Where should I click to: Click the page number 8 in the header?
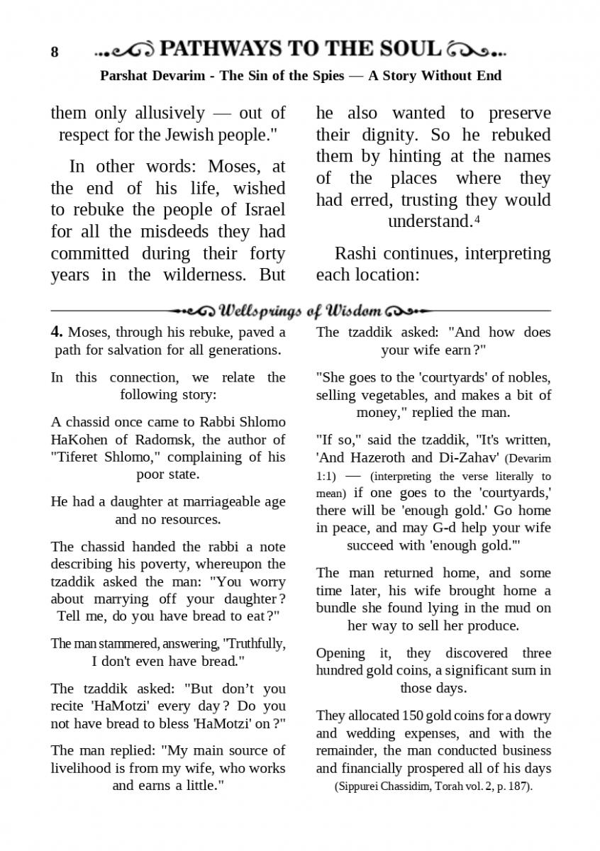[55, 52]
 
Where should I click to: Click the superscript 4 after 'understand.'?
[477, 218]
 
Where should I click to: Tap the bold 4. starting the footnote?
[57, 332]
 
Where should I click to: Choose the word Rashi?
[356, 253]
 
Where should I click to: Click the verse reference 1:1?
[326, 476]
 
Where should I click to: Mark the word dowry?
[528, 716]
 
